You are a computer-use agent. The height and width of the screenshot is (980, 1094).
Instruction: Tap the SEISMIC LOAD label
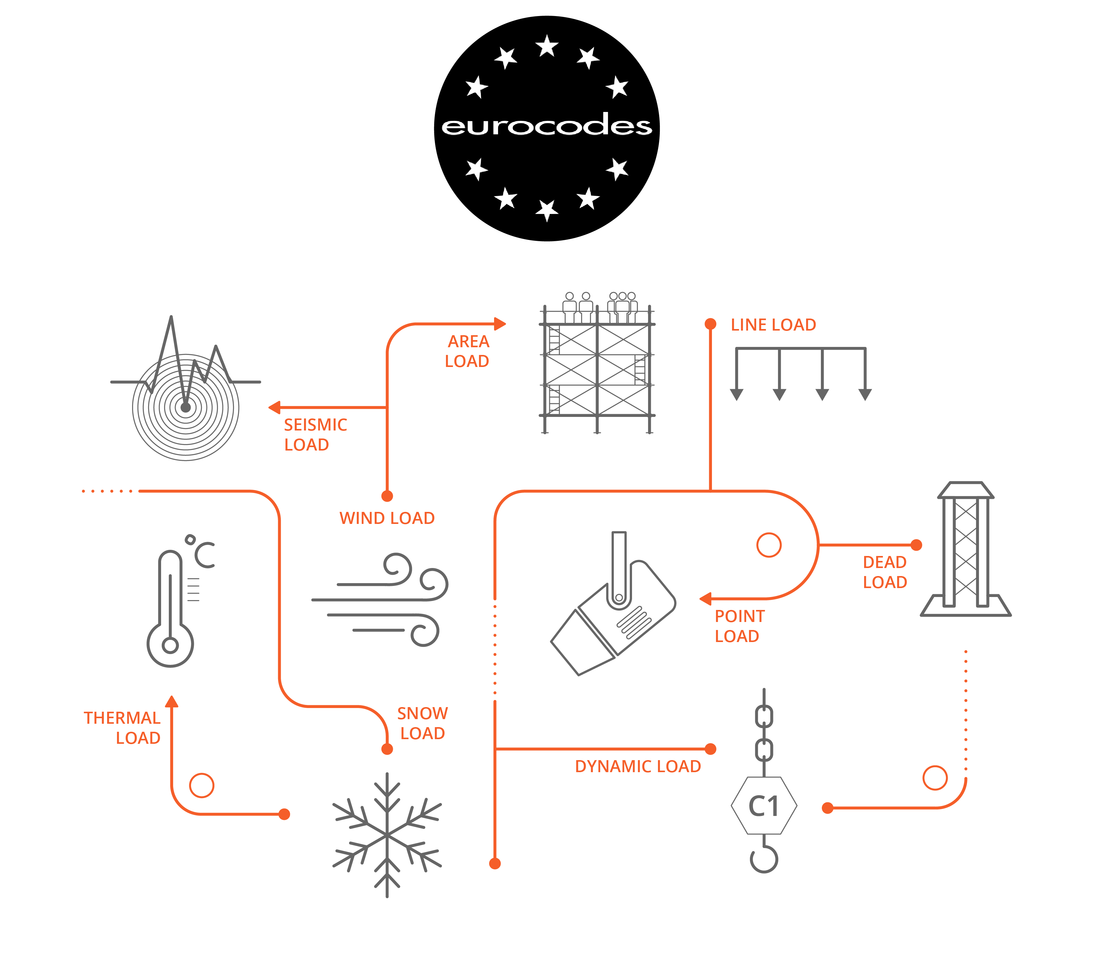[315, 434]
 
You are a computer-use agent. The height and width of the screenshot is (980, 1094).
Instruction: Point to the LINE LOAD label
[773, 325]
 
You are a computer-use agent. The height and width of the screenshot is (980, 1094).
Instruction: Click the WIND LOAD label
[387, 518]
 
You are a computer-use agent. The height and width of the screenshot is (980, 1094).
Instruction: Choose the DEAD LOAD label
[885, 572]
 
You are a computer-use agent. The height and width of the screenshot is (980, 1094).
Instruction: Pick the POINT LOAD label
[739, 626]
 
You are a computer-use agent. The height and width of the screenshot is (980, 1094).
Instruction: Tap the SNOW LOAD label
[422, 723]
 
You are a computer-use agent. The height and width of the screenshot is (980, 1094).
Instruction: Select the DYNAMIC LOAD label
[638, 766]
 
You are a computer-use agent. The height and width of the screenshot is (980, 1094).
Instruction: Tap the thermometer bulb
[170, 644]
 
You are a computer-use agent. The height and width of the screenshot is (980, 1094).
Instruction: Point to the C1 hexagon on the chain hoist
[764, 805]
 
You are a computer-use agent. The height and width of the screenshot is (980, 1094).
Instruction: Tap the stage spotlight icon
[613, 603]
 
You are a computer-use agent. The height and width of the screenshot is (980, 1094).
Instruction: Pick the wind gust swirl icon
[380, 599]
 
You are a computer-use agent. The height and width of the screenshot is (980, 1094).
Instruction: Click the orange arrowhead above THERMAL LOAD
[171, 701]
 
